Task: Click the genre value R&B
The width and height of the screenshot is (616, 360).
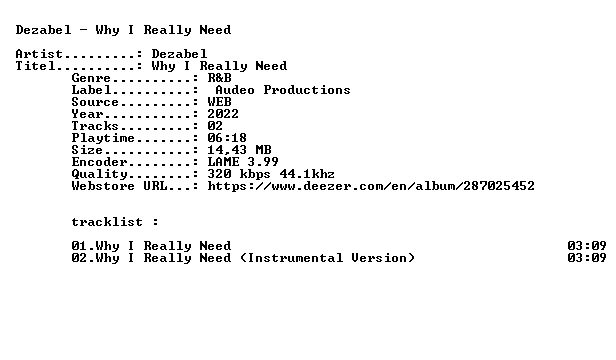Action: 219,77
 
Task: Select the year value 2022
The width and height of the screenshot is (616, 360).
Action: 223,114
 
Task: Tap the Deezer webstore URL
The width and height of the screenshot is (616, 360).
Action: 371,186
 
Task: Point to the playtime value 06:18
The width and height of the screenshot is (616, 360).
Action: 227,138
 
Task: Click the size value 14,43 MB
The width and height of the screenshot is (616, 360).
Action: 239,150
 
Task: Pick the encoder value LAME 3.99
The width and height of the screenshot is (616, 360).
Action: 243,162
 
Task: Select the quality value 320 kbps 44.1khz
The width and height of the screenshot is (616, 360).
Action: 271,174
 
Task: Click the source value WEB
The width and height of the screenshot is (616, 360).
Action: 219,102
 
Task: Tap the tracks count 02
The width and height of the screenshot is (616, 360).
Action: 215,126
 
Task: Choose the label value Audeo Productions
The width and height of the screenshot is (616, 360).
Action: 283,90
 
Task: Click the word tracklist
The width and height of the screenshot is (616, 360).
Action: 107,222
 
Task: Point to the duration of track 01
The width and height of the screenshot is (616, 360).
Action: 587,246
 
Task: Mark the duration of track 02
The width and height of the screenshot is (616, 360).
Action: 587,258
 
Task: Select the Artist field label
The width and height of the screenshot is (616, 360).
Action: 39,53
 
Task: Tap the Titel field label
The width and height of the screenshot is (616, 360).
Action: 35,66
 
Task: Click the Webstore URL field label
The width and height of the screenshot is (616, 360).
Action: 119,186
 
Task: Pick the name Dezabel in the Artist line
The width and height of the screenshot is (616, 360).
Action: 179,53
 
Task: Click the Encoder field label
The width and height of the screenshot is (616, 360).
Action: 99,162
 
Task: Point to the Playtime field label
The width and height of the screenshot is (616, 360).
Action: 103,138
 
